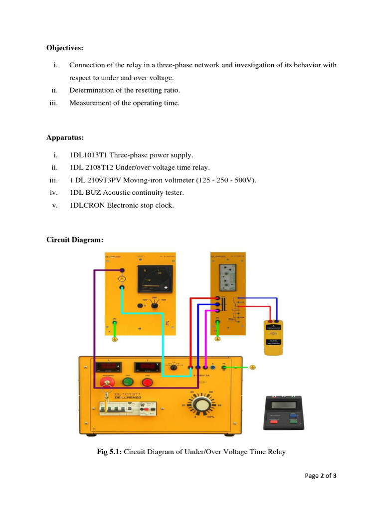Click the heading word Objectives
tap(65, 48)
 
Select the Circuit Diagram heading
tap(75, 240)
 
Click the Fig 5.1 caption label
tap(109, 452)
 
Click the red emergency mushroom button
tap(107, 382)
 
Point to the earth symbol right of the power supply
tap(252, 368)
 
